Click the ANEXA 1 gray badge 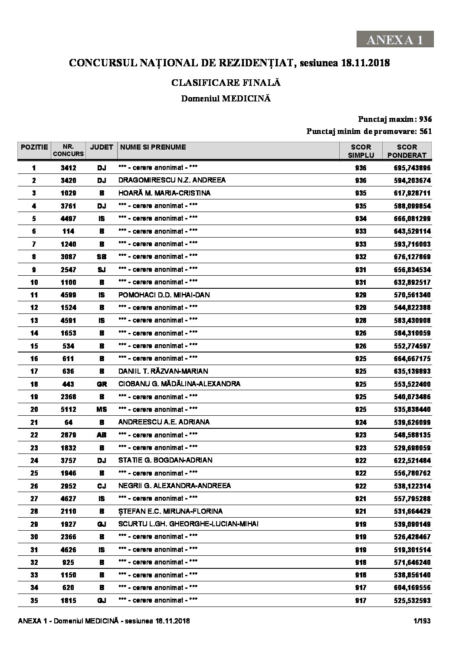[395, 39]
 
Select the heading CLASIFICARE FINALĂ [226, 82]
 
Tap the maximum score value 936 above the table [425, 119]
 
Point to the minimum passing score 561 [425, 131]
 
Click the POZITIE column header [34, 147]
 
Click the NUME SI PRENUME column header [153, 147]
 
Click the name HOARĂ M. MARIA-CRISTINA [164, 193]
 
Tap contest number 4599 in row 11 [68, 295]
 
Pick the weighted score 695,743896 [410, 168]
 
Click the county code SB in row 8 [101, 257]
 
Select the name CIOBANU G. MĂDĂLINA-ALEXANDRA [179, 384]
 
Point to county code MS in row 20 [101, 410]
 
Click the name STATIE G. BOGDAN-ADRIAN [165, 460]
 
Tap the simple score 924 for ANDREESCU [361, 422]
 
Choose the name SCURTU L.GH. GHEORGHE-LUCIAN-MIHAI [188, 524]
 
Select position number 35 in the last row [34, 601]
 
